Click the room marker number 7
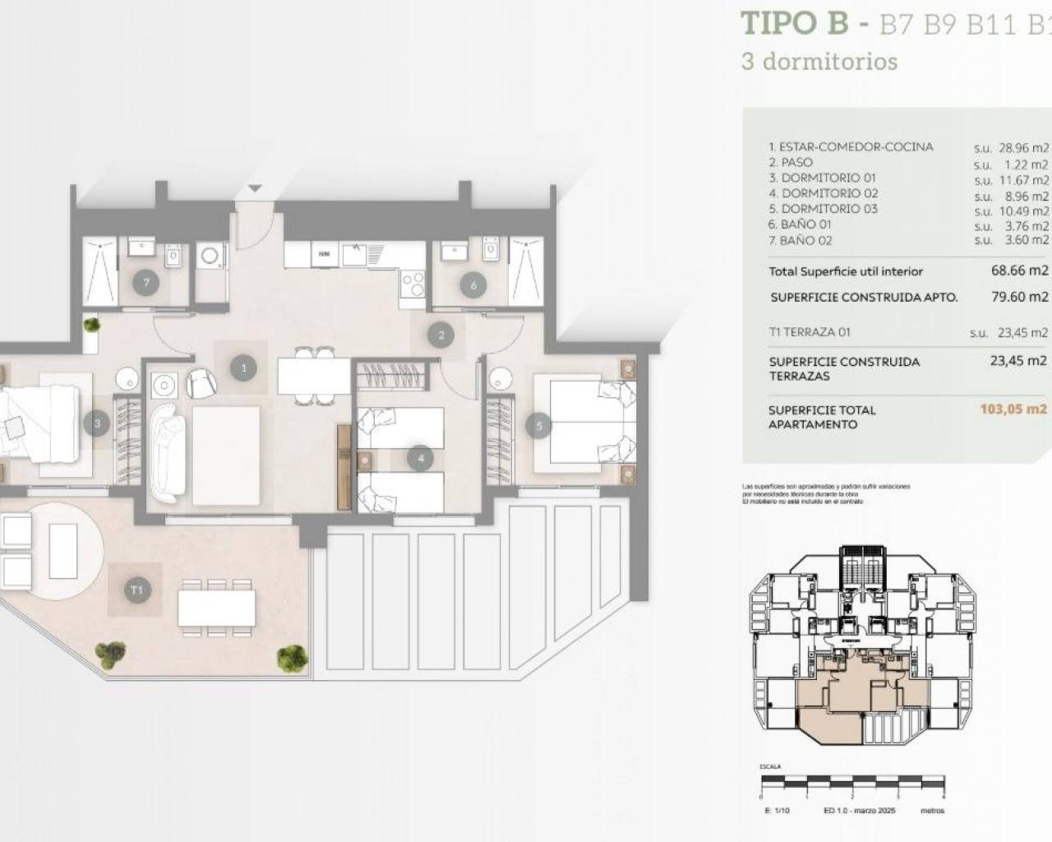(x=146, y=283)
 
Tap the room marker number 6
(x=474, y=285)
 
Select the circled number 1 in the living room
(x=243, y=368)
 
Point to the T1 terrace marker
(x=137, y=590)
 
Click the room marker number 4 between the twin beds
(x=421, y=458)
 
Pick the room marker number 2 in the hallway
(x=441, y=335)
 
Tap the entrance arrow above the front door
(x=256, y=188)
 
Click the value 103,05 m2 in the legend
(x=1013, y=409)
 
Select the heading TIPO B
(x=794, y=22)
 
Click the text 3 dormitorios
(x=819, y=62)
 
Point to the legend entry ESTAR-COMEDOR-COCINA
(x=851, y=147)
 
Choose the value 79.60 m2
(x=1020, y=297)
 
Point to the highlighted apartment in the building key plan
(x=830, y=691)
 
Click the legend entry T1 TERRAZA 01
(x=810, y=332)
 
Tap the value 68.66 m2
(x=1020, y=271)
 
